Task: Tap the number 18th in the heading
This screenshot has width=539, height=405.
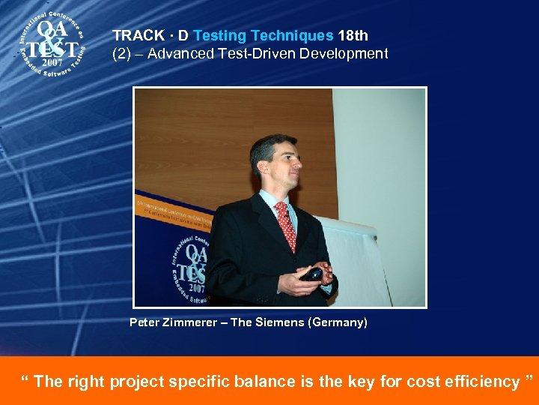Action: pos(353,36)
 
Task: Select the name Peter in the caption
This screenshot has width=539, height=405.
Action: pos(144,322)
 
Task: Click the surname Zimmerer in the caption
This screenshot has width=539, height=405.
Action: pos(191,322)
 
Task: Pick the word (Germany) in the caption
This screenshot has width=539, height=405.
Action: pos(336,322)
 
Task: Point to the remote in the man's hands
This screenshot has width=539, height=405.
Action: pos(313,274)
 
